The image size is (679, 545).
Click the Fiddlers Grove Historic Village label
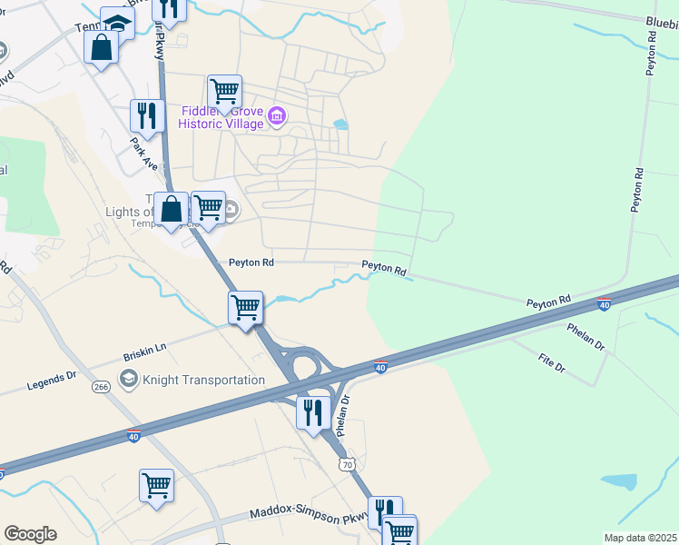(x=221, y=117)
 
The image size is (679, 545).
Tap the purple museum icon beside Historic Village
(x=279, y=115)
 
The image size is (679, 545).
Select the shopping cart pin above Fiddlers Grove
(x=224, y=92)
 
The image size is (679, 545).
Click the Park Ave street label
(x=144, y=154)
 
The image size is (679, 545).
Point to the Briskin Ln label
(x=145, y=347)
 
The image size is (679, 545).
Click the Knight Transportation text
(x=204, y=380)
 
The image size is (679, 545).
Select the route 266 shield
(x=100, y=388)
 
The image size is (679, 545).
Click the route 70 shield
(x=346, y=464)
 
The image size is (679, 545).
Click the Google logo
(x=30, y=534)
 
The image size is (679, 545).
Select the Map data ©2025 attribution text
(x=641, y=538)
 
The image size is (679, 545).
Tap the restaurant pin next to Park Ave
(x=146, y=116)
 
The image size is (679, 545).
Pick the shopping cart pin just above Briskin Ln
(x=245, y=308)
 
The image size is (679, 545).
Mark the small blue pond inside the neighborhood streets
(x=339, y=124)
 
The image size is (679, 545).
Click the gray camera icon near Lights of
(x=231, y=210)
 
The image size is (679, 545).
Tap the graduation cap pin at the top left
(x=118, y=22)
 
